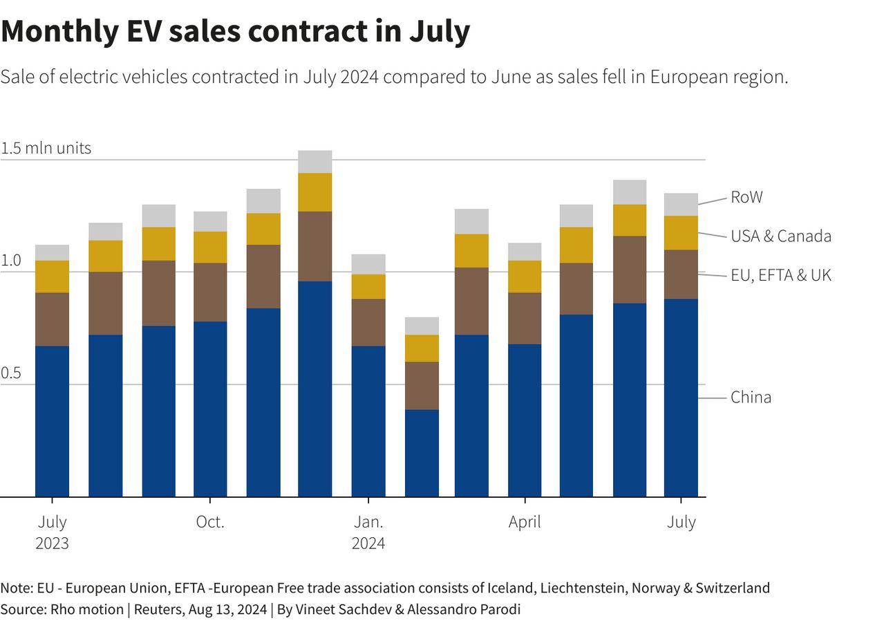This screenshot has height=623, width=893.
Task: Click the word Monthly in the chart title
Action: coord(59,31)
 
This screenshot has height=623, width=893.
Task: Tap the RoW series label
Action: coord(746,198)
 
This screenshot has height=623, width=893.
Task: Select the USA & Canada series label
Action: coord(780,236)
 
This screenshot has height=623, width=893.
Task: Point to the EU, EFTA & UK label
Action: coord(780,275)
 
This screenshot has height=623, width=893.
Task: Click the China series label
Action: coord(751,398)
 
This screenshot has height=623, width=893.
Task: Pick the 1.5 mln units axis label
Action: coord(46,149)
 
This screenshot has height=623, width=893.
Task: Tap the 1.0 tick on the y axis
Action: coord(11,261)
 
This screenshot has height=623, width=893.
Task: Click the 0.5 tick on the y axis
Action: coord(11,373)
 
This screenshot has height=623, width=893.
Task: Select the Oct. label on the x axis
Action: coord(210,522)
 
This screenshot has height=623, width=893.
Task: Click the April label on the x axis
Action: coord(525,522)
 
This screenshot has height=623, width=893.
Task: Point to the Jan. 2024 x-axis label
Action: coord(368,532)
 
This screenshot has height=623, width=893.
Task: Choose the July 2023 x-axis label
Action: coord(53,532)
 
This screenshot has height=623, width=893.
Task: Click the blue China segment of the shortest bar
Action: coord(422,453)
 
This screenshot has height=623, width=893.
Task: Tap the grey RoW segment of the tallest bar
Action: coord(315,162)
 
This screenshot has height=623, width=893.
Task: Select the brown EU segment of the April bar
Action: coord(525,318)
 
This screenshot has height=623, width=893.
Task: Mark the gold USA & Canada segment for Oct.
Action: coord(210,247)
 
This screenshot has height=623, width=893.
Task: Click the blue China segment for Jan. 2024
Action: coord(368,422)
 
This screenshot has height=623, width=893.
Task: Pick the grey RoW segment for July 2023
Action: coord(53,252)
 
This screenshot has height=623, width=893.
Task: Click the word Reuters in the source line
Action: coord(159,609)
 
